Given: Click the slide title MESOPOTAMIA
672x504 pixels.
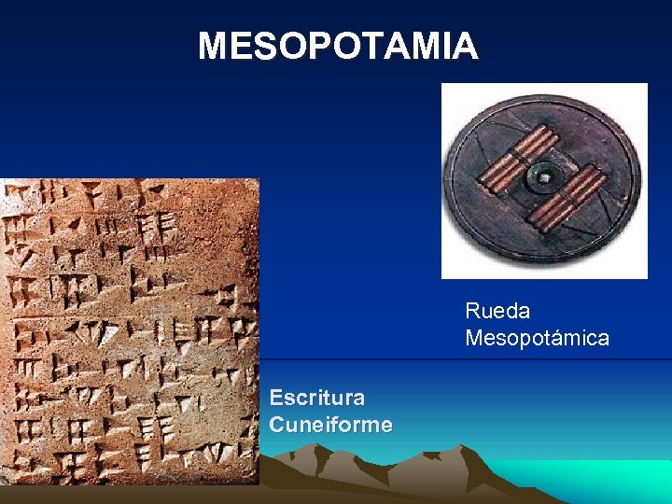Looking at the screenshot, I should point(337,46).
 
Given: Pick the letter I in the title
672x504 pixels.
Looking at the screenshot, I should point(448,46).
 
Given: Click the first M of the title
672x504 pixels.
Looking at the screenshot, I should point(214,46).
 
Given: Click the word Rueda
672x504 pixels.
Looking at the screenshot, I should point(497,310).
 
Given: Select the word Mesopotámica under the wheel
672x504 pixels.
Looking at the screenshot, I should point(537,338).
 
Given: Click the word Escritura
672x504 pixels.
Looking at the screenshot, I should point(317,398).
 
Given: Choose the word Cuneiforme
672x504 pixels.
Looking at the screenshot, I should point(330,426).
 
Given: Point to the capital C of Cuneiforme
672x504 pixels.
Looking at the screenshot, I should point(276,426).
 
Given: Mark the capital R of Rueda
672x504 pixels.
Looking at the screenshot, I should point(472,310).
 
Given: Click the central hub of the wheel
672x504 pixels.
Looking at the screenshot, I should point(542,176).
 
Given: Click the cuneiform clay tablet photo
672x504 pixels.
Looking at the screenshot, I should point(129,331).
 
